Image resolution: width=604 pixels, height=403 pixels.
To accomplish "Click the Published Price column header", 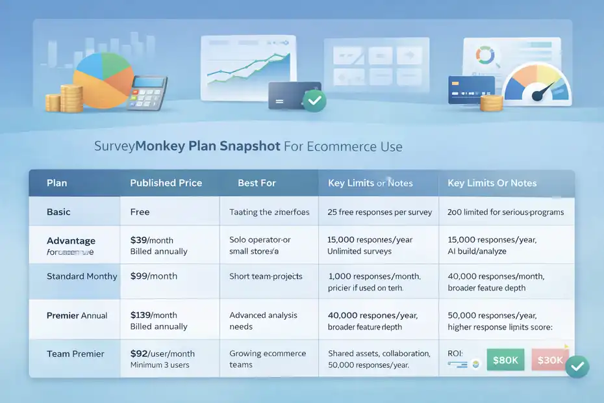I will tap(166, 183).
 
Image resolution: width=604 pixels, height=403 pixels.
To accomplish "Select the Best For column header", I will tap(257, 183).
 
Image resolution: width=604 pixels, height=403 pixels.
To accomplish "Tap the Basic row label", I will tap(58, 212).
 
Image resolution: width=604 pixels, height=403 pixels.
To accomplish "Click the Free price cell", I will tap(140, 212).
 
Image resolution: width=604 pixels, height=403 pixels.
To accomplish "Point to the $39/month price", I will tap(152, 240).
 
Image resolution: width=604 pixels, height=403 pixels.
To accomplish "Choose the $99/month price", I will tap(154, 276).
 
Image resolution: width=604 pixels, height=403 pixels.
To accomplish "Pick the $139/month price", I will tap(155, 315).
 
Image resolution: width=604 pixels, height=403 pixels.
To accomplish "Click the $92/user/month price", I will tap(164, 354).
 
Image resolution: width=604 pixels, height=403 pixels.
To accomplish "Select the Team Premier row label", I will tap(75, 354).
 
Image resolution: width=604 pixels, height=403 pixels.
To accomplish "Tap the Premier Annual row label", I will tap(77, 315).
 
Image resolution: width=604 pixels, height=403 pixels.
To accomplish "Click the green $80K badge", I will tap(505, 359).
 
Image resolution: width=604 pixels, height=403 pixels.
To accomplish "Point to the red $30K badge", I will tap(550, 359).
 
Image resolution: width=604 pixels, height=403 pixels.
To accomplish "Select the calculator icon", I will tap(147, 93).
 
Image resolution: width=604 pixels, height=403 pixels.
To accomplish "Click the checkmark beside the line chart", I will tap(316, 101).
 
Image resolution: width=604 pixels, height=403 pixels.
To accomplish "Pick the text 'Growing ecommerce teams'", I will tap(267, 359).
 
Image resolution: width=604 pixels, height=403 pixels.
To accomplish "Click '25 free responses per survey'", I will tap(371, 212).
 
